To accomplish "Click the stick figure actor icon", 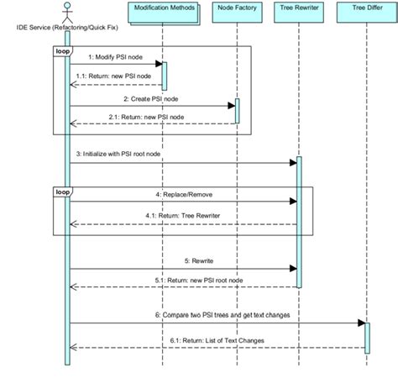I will [67, 11].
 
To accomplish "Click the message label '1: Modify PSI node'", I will [115, 56].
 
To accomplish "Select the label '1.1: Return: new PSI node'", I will [115, 75].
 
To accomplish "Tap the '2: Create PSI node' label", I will [152, 98].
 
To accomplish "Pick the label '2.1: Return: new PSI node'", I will [152, 117].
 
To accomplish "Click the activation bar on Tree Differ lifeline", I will [366, 335].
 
